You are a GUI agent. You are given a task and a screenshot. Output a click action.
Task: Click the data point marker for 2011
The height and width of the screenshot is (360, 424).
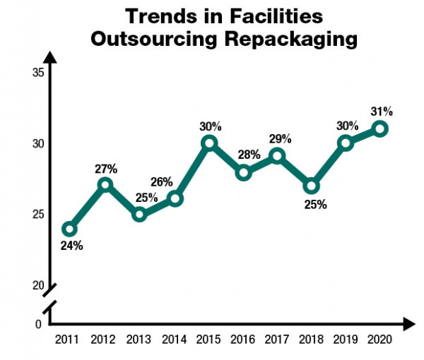pos(69,229)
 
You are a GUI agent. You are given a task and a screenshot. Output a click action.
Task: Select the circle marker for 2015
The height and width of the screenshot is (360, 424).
pos(208,143)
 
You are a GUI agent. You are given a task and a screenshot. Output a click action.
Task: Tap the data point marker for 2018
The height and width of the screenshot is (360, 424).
pos(312,186)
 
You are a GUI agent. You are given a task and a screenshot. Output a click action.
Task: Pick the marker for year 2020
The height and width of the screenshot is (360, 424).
pos(380,128)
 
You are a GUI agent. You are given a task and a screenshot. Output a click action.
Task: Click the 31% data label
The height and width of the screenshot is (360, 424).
pos(382,111)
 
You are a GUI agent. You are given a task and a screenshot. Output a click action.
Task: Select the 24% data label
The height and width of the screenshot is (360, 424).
pos(71,246)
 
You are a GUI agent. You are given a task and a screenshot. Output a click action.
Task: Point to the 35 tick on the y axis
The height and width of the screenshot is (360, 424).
pos(38,73)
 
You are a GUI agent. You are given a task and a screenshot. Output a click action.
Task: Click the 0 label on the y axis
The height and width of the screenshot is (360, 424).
pos(39,324)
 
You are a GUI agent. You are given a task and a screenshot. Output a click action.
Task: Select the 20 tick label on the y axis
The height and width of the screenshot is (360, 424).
pos(38,285)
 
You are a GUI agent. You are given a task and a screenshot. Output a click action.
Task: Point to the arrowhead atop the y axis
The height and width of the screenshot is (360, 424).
pos(50,57)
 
